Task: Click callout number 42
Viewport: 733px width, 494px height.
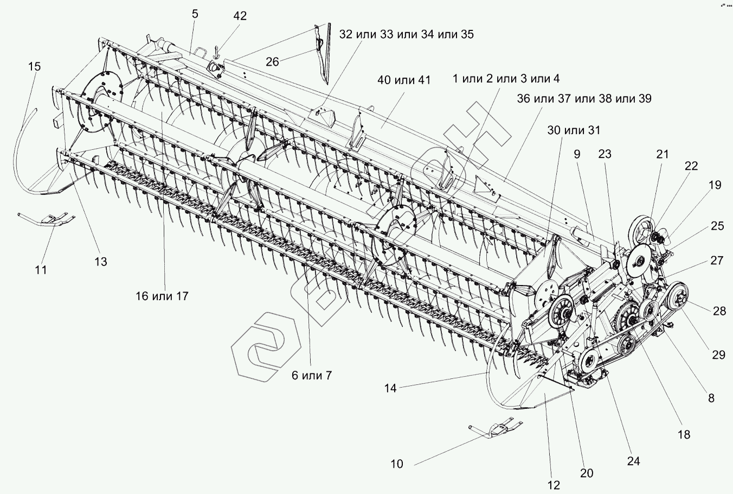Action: tap(240, 16)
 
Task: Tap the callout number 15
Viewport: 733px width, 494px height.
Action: tap(34, 66)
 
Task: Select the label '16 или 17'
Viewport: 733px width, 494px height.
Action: tap(162, 296)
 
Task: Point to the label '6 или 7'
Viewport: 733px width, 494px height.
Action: tap(312, 376)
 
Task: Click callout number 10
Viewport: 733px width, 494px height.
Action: tap(397, 464)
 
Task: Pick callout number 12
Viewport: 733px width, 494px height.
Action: tap(554, 485)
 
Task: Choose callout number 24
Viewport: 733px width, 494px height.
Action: tap(634, 461)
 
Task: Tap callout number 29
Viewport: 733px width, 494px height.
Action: tap(718, 355)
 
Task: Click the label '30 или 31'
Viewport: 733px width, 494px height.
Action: tap(574, 130)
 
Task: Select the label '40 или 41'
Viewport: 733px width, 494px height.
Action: tap(404, 80)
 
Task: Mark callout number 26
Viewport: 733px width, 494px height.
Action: tap(272, 61)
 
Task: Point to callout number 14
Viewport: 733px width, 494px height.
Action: tap(390, 389)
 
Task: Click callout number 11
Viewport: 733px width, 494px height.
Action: tap(41, 270)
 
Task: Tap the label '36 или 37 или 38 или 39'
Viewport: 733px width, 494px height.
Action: tap(584, 98)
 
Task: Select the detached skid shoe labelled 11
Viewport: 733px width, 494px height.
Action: tap(46, 218)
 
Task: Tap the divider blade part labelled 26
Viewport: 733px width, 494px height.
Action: tap(323, 54)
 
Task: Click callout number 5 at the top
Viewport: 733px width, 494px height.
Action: tap(195, 14)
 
